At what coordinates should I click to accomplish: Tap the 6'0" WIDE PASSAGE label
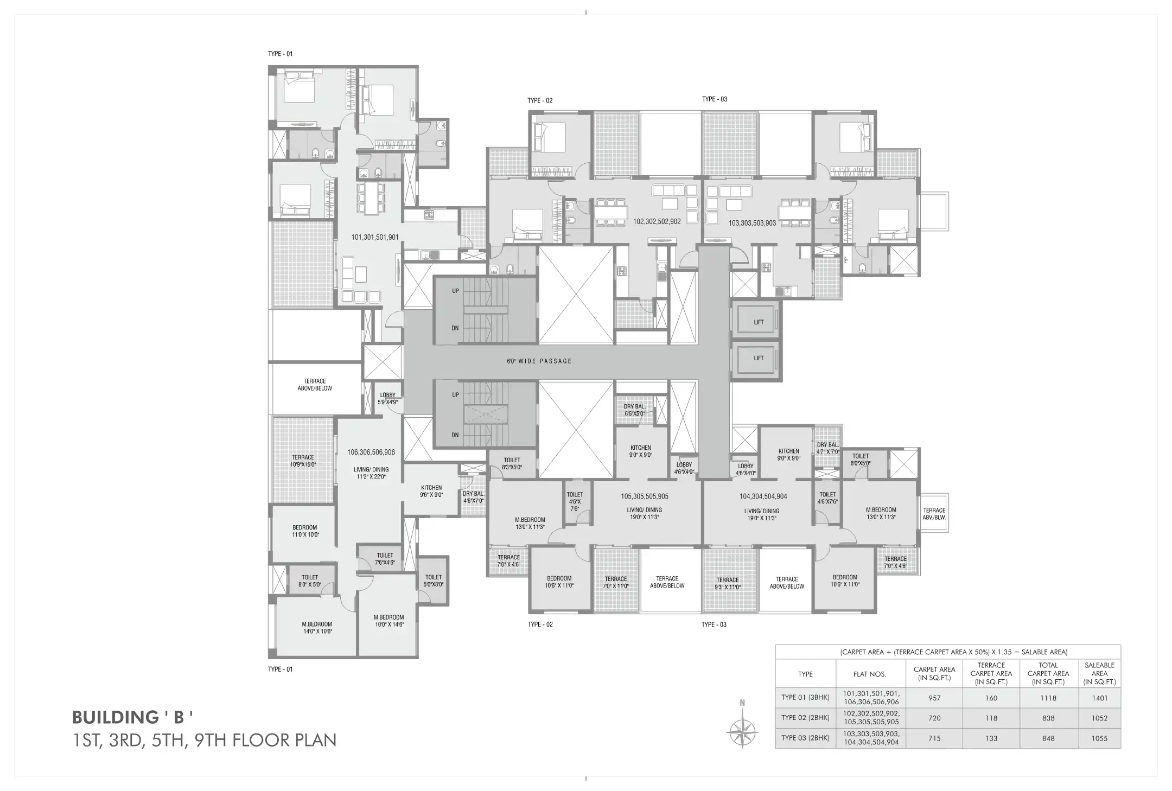539,361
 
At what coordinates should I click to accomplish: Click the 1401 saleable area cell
1099,698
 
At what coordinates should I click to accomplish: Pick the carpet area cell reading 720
934,718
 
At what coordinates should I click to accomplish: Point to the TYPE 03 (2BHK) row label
805,738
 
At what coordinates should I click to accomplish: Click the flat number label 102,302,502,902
657,221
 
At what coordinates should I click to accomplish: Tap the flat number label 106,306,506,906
371,452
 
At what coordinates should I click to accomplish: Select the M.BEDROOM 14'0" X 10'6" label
317,628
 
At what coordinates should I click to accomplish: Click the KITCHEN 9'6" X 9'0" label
431,491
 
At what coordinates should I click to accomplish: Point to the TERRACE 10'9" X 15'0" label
303,461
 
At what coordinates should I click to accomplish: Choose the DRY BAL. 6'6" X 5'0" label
634,410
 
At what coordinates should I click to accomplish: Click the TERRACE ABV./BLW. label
934,514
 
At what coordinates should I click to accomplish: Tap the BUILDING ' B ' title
133,717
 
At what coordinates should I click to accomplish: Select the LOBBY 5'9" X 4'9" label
387,399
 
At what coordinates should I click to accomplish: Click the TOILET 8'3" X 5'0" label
512,463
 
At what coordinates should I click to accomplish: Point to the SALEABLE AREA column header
1099,673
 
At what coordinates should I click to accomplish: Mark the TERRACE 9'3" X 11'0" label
727,583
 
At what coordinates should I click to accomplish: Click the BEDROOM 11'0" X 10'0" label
304,531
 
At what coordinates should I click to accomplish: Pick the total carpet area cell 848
1048,738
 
